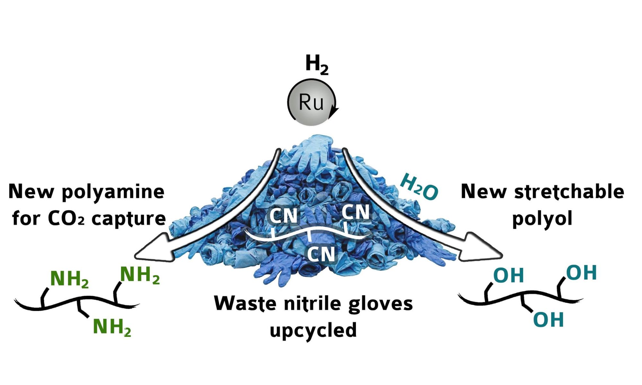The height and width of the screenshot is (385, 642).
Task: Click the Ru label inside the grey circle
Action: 311,102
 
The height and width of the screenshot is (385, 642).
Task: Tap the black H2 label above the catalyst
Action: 317,64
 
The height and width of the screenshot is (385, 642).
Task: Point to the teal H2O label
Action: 419,187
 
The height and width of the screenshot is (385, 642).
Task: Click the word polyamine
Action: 113,192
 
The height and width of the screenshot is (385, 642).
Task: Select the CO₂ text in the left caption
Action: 66,219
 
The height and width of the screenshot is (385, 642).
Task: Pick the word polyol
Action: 542,219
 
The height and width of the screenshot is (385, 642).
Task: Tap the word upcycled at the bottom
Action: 313,330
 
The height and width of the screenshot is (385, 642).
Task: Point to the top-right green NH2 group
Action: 140,275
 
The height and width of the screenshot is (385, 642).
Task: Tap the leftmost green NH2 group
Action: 69,279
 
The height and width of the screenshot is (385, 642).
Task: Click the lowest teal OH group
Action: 548,320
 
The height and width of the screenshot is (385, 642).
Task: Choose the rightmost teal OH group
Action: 581,273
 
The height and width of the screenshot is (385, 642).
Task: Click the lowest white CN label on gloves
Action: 321,254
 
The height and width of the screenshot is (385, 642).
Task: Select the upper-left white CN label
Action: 283,216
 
